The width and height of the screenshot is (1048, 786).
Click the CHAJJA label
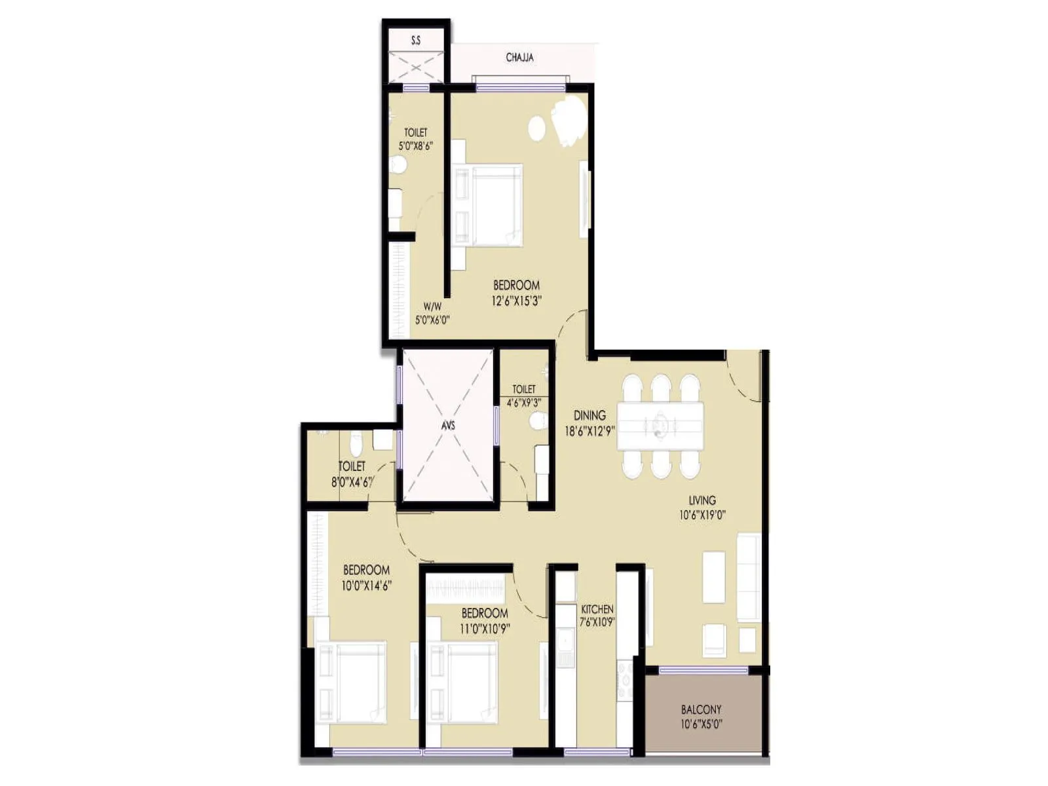click(519, 58)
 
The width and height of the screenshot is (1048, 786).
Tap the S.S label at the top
click(416, 41)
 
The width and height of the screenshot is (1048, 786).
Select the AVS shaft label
click(448, 426)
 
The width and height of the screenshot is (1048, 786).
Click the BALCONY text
click(701, 709)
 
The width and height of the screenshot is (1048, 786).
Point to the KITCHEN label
click(597, 609)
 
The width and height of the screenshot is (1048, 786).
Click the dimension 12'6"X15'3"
click(517, 301)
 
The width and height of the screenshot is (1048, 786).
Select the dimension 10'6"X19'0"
click(702, 515)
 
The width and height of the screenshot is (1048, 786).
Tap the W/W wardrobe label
click(432, 306)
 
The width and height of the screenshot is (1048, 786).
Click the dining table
click(660, 426)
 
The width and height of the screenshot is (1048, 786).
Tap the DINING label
click(589, 415)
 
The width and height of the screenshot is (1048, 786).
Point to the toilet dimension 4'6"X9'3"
click(524, 403)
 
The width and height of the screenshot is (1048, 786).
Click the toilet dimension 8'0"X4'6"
click(352, 482)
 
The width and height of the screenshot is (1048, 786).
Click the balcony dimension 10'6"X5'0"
click(701, 724)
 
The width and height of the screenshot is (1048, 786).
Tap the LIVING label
click(702, 500)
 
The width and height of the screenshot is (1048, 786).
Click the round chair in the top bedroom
click(536, 128)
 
